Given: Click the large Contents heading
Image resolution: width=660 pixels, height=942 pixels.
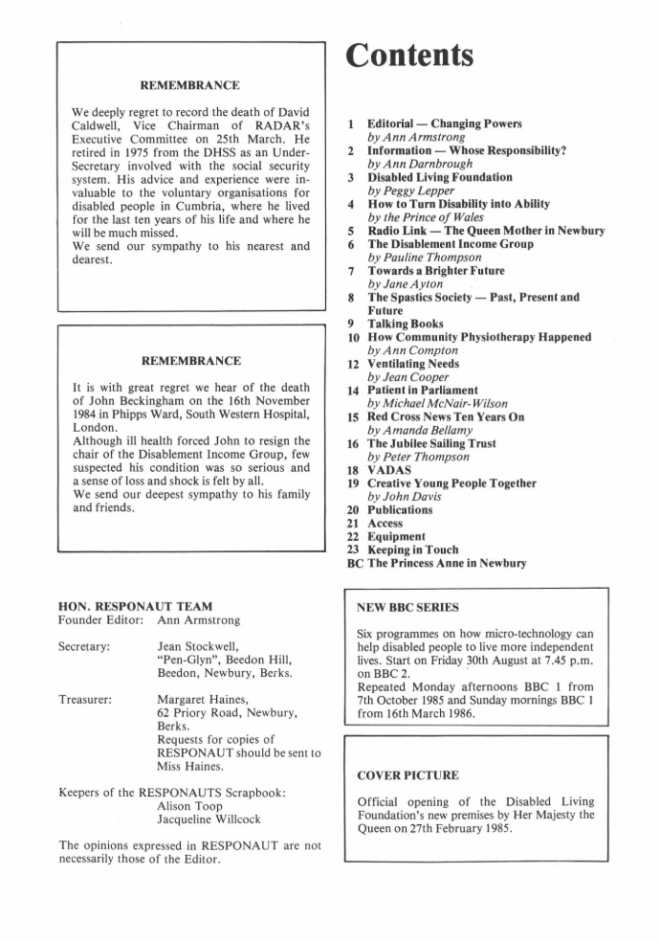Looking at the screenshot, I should click(x=409, y=55).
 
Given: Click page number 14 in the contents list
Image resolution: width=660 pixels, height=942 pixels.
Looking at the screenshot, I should click(x=353, y=391).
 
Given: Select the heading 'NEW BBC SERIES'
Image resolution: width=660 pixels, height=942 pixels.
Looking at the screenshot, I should click(x=407, y=608).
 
